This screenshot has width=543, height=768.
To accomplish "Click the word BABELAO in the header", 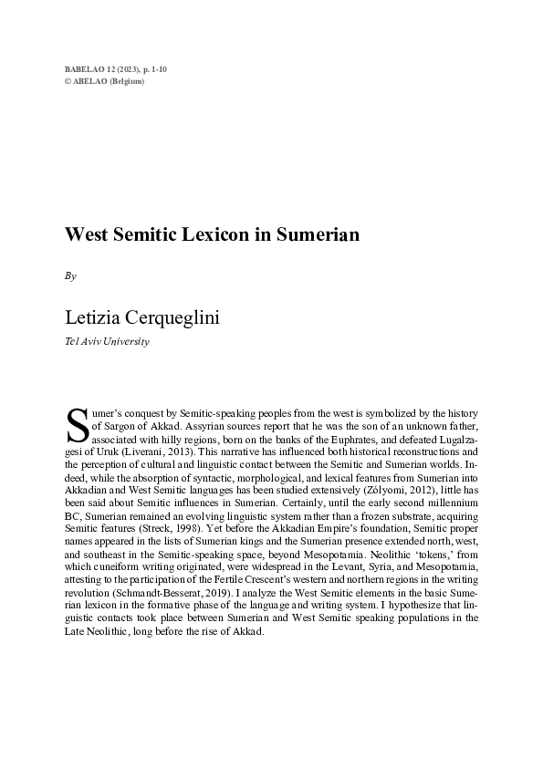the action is click(85, 69).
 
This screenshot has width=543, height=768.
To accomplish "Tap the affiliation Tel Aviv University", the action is click(106, 341).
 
